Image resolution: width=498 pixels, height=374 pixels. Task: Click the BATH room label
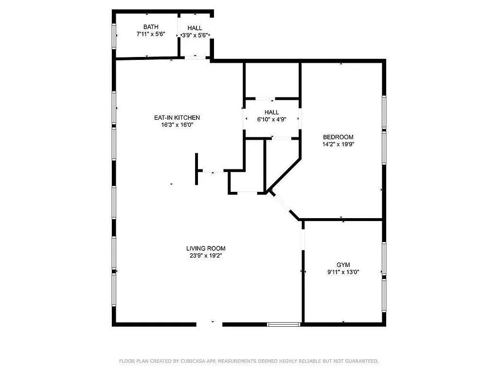[x=151, y=27]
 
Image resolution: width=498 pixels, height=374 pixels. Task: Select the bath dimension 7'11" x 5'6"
[x=151, y=35]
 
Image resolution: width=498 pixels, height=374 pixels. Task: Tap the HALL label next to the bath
[x=195, y=28]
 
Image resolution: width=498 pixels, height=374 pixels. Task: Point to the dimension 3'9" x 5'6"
[x=196, y=35]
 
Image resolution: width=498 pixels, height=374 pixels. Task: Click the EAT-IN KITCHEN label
[x=177, y=117]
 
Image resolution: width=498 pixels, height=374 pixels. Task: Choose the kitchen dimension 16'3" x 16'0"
[x=177, y=125]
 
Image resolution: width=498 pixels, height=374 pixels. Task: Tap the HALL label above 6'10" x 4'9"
[x=272, y=112]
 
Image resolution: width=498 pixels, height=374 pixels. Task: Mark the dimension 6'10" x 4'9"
[x=272, y=119]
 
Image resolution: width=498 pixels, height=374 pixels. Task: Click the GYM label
[x=343, y=265]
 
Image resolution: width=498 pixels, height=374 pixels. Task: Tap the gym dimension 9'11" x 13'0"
[x=343, y=272]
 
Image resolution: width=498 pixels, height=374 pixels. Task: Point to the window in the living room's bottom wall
[x=284, y=324]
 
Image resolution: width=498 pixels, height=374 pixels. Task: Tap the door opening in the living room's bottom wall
[x=210, y=323]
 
